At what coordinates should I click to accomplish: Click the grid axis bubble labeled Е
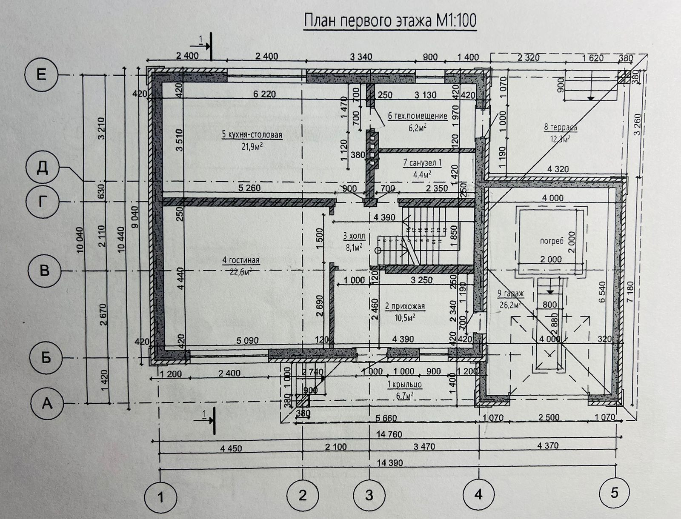pyautogui.click(x=41, y=75)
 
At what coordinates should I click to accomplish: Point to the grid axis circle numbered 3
pyautogui.click(x=369, y=495)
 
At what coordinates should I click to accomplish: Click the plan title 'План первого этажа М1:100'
pyautogui.click(x=390, y=21)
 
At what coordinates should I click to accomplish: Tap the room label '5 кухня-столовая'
pyautogui.click(x=252, y=135)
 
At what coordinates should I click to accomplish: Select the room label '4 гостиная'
pyautogui.click(x=240, y=260)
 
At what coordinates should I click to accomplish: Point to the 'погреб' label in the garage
pyautogui.click(x=552, y=241)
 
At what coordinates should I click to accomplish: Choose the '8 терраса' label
pyautogui.click(x=560, y=127)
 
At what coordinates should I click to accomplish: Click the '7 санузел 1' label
pyautogui.click(x=423, y=163)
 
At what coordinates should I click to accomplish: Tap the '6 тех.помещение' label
pyautogui.click(x=418, y=116)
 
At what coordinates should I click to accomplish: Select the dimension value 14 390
pyautogui.click(x=389, y=463)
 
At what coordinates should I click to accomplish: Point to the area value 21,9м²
pyautogui.click(x=252, y=147)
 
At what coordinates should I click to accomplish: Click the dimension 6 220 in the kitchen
pyautogui.click(x=264, y=94)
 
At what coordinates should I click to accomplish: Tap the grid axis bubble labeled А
pyautogui.click(x=47, y=402)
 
